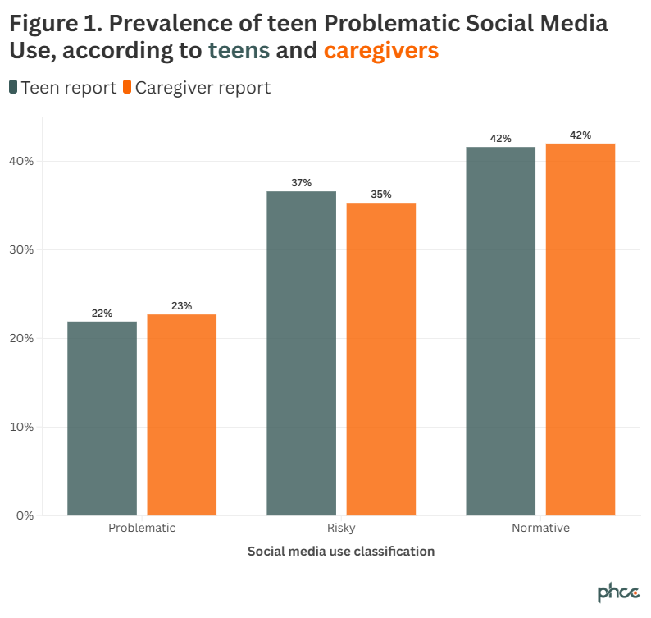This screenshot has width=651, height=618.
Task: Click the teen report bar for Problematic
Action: (102, 418)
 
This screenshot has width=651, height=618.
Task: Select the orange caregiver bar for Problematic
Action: (181, 414)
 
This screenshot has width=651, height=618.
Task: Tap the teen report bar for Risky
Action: (301, 353)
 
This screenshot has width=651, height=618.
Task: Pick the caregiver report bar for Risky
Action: (380, 359)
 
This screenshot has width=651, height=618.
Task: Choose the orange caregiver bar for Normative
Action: (580, 329)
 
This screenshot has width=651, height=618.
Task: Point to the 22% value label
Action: (102, 314)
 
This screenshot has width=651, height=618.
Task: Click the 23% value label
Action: (181, 306)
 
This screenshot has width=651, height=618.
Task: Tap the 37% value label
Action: (301, 183)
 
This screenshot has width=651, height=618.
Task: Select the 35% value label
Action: (380, 195)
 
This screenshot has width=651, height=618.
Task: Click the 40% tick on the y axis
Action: (22, 161)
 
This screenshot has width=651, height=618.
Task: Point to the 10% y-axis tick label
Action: (22, 427)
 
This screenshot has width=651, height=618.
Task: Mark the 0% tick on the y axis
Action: (25, 515)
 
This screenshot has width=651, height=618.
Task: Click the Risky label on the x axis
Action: (340, 528)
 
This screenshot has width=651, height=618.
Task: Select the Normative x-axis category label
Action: (539, 528)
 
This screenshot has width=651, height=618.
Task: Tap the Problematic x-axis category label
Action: (142, 528)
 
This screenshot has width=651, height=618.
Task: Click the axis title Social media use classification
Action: (340, 552)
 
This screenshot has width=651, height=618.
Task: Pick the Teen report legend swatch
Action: (13, 87)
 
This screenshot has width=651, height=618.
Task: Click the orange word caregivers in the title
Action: (380, 51)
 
